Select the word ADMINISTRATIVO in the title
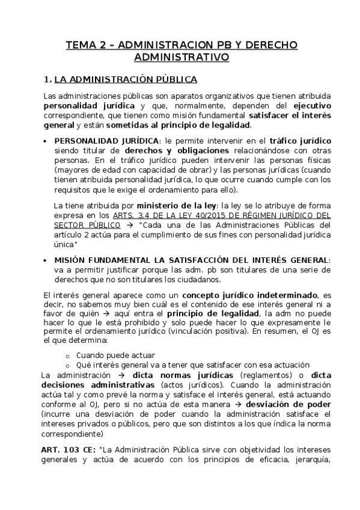[x=180, y=58]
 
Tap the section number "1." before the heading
[x=48, y=79]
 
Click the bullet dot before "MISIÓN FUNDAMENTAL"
[x=47, y=260]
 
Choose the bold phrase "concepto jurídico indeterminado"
[x=250, y=296]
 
